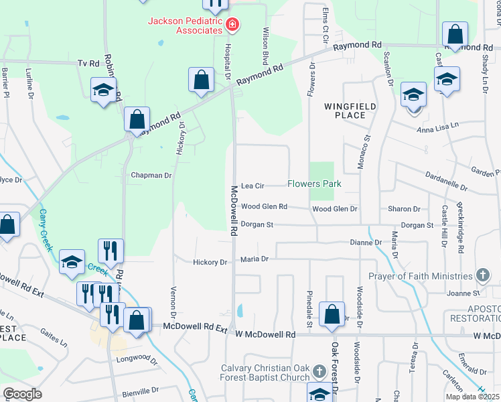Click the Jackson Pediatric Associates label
pos(185,25)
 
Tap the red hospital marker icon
pos(232,25)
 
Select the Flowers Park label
pos(314,184)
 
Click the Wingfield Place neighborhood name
pos(350,111)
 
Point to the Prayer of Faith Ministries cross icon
pos(482,275)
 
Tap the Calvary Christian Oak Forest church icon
pos(319,371)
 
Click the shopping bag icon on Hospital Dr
pos(201,80)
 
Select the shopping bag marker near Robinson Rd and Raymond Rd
pos(137,121)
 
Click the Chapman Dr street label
pos(151,175)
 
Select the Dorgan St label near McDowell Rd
pos(257,225)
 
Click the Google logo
pos(22,393)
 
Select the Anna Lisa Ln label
pos(438,125)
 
